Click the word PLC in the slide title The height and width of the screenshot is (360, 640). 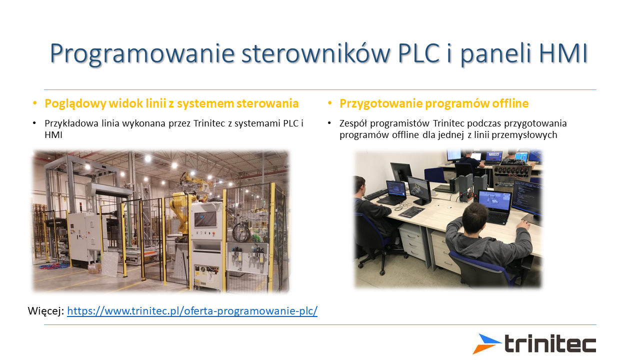(418, 53)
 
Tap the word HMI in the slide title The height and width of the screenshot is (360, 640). (563, 53)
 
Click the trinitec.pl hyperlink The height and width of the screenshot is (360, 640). (192, 311)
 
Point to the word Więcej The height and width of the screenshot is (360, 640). (46, 311)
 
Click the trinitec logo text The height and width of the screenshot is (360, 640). (550, 343)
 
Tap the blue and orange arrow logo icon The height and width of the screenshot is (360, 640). (486, 343)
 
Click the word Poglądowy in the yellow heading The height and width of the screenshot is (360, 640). (75, 104)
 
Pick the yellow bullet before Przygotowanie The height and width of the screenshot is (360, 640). (329, 103)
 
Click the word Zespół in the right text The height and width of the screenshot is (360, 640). (353, 124)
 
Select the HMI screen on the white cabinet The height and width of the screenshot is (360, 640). (205, 219)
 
